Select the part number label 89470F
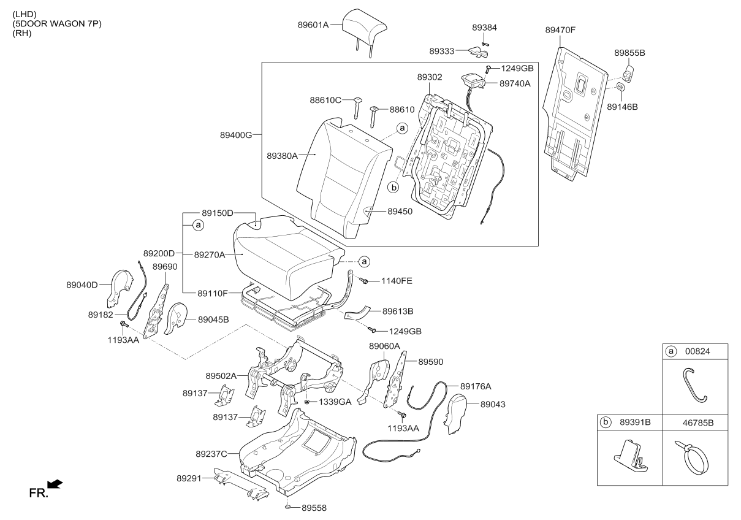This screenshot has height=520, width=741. pyautogui.click(x=560, y=30)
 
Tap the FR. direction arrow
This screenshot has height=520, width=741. pyautogui.click(x=55, y=484)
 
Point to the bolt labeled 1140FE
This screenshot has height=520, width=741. pyautogui.click(x=364, y=281)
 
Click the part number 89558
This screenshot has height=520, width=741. pyautogui.click(x=314, y=508)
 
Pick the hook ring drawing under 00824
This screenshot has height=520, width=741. pyautogui.click(x=694, y=385)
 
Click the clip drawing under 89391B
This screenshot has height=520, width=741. pyautogui.click(x=631, y=455)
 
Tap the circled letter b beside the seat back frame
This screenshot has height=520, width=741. pyautogui.click(x=393, y=188)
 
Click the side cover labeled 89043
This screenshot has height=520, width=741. pyautogui.click(x=457, y=413)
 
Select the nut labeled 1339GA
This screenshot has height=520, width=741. pyautogui.click(x=306, y=402)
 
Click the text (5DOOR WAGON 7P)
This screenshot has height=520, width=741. pyautogui.click(x=57, y=23)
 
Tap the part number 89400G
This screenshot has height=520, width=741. pyautogui.click(x=236, y=135)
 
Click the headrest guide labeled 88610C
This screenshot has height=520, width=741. pyautogui.click(x=357, y=107)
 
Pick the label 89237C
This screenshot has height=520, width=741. pyautogui.click(x=211, y=454)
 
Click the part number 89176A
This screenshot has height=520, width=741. pyautogui.click(x=476, y=386)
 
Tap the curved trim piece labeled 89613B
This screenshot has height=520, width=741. pyautogui.click(x=357, y=313)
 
